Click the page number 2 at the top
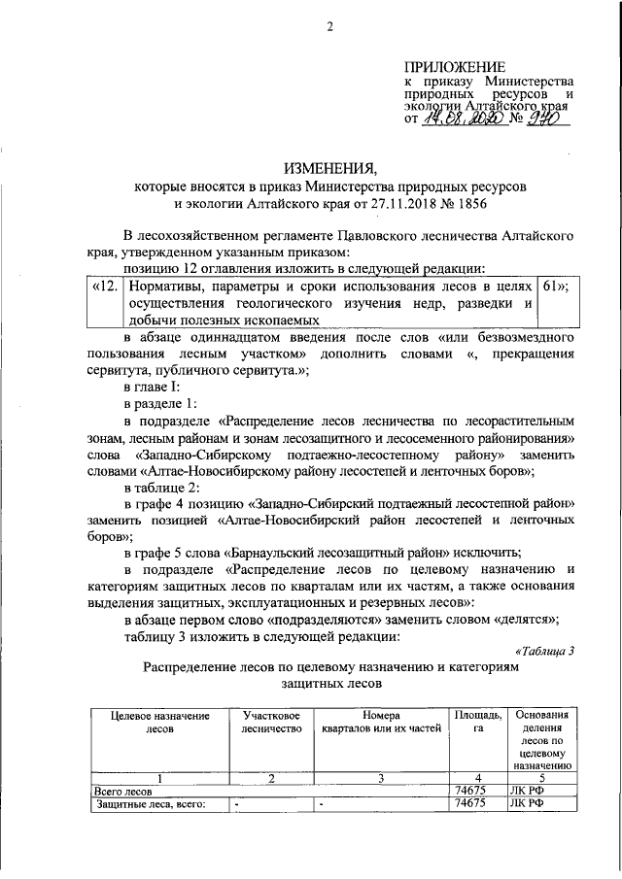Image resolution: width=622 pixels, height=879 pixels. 329,25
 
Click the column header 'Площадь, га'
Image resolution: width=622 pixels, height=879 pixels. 478,722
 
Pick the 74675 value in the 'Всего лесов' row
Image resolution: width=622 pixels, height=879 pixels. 470,791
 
